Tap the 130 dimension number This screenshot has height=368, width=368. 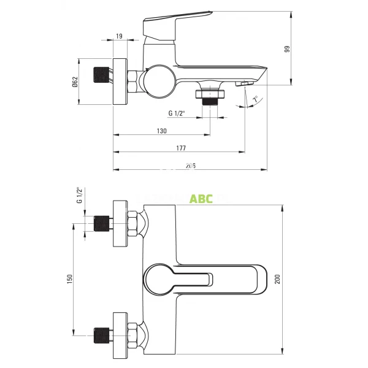pos(162,131)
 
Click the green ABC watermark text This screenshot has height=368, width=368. pos(201,199)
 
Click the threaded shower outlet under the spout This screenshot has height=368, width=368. pos(210,98)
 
